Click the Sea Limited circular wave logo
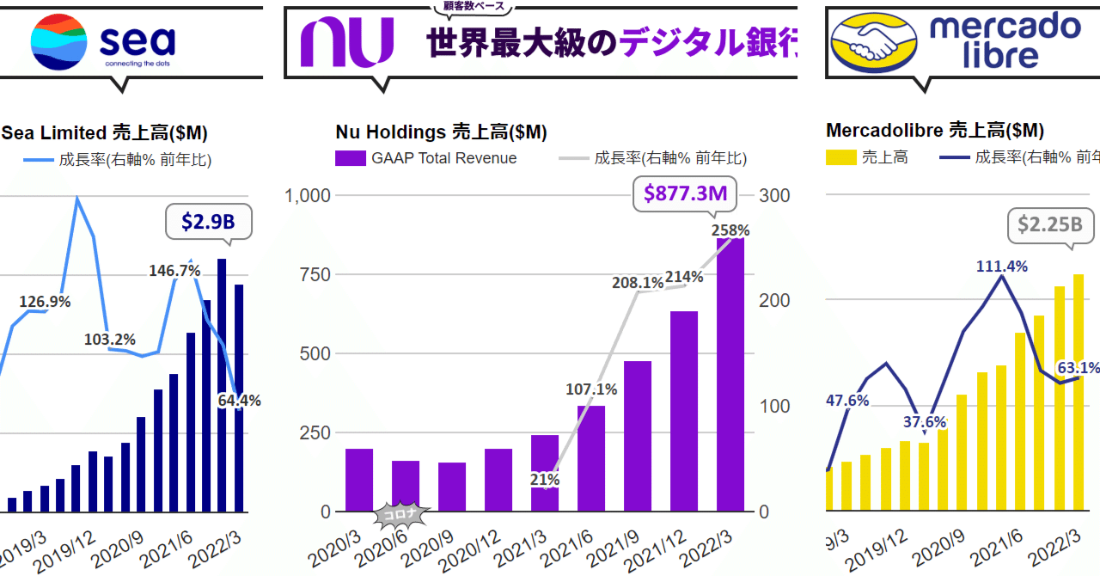pyautogui.click(x=59, y=41)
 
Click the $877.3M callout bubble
pyautogui.click(x=686, y=193)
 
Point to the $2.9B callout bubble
pyautogui.click(x=208, y=223)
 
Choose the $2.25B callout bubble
pyautogui.click(x=1049, y=224)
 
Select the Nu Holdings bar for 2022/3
pyautogui.click(x=730, y=374)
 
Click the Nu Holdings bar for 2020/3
pyautogui.click(x=359, y=480)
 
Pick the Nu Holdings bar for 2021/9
pyautogui.click(x=638, y=436)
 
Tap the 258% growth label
pyautogui.click(x=730, y=230)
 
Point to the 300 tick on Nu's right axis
pyautogui.click(x=774, y=195)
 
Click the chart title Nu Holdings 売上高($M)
pyautogui.click(x=441, y=132)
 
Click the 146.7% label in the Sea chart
pyautogui.click(x=175, y=271)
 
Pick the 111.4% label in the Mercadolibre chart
pyautogui.click(x=1001, y=267)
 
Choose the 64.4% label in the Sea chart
pyautogui.click(x=239, y=400)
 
